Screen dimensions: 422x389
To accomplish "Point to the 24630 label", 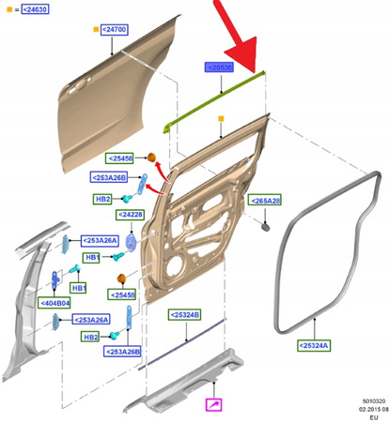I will coord(30,9).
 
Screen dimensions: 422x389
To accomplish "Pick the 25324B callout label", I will coord(183,313).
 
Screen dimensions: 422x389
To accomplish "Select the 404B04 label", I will coord(55,303).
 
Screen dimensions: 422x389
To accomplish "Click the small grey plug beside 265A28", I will coord(266,228).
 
